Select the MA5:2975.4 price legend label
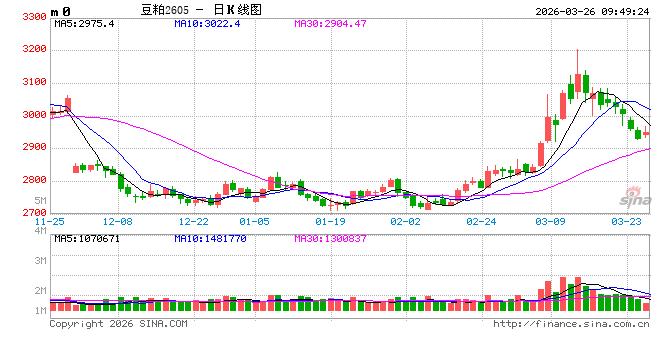pyautogui.click(x=84, y=23)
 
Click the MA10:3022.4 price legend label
pyautogui.click(x=206, y=23)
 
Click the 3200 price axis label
pyautogui.click(x=32, y=49)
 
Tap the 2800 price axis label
pyautogui.click(x=32, y=180)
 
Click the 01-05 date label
pyautogui.click(x=255, y=221)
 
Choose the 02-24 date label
pyautogui.click(x=481, y=221)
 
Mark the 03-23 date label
pyautogui.click(x=627, y=221)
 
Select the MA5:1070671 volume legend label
pyautogui.click(x=87, y=239)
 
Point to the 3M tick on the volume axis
pyautogui.click(x=40, y=260)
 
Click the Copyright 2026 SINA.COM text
pyautogui.click(x=118, y=324)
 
